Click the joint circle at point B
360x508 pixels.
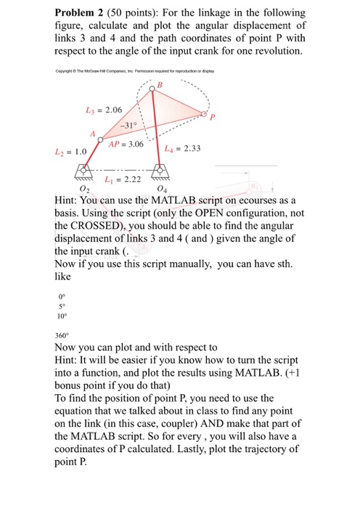pos(151,89)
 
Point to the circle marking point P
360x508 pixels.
pos(204,116)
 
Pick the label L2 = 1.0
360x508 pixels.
pos(70,152)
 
